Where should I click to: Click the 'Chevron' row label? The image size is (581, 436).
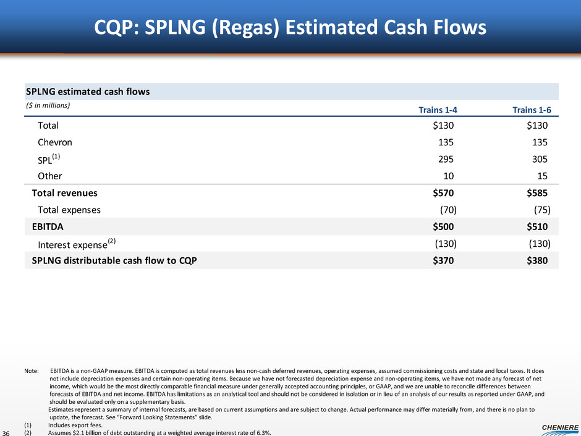coord(58,142)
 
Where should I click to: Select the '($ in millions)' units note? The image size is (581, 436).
coord(48,105)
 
